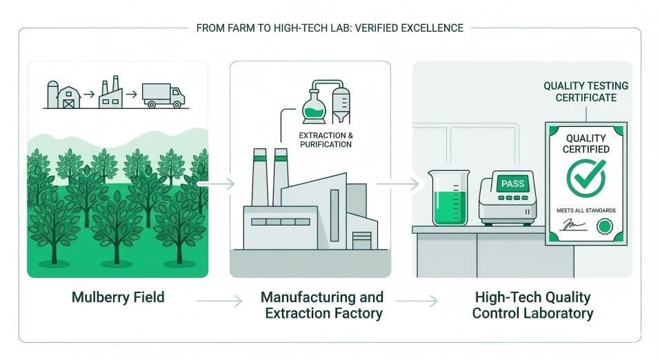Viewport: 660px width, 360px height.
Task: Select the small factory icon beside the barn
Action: (111, 93)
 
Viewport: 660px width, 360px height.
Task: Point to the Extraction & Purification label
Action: (326, 139)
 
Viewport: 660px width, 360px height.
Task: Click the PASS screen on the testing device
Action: (513, 183)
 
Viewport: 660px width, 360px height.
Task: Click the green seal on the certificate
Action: (605, 226)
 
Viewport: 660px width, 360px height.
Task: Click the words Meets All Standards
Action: (586, 210)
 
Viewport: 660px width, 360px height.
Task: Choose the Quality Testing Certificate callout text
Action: (586, 92)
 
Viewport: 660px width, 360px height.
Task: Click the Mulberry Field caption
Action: (118, 298)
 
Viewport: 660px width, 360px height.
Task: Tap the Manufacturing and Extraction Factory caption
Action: (321, 305)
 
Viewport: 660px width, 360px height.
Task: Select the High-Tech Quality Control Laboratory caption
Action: (532, 305)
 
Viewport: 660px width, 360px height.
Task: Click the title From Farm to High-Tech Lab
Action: (330, 28)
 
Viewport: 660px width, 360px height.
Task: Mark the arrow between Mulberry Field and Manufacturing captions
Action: (219, 301)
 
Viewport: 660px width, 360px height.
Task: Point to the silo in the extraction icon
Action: (341, 103)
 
